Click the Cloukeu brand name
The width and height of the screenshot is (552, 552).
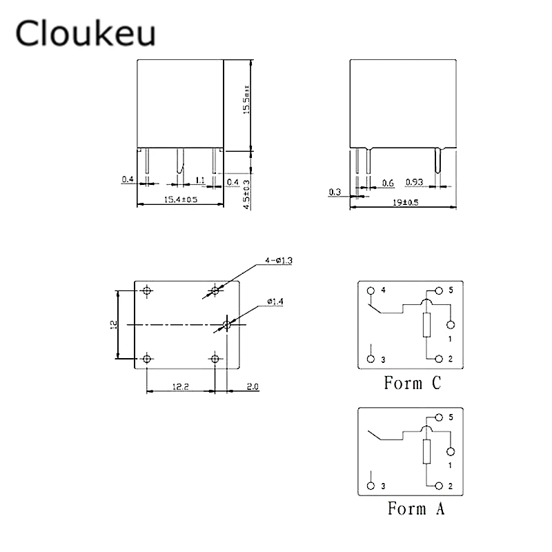(85, 32)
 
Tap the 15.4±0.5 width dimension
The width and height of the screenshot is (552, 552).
(181, 199)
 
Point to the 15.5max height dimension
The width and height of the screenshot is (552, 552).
(246, 99)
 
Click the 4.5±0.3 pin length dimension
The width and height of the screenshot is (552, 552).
(246, 195)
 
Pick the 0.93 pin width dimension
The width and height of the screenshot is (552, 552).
(414, 182)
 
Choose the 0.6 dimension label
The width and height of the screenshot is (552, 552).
(388, 183)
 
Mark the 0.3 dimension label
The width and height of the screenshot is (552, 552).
(335, 192)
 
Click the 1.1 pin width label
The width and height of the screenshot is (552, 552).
(200, 180)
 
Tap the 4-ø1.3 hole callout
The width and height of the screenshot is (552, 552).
(279, 261)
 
